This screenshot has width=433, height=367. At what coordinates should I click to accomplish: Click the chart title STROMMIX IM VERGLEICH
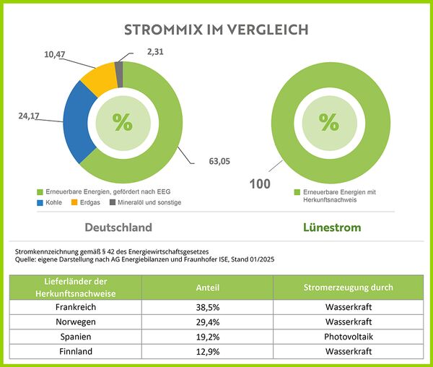[x=216, y=30]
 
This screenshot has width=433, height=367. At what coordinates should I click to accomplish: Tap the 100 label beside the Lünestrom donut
[x=259, y=183]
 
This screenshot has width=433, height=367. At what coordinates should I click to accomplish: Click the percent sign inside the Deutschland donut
[x=123, y=122]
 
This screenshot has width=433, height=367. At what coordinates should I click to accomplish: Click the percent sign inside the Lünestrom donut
[x=328, y=122]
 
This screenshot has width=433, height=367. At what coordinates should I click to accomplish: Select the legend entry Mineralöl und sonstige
[x=146, y=202]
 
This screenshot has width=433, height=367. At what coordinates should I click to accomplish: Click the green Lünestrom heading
[x=331, y=228]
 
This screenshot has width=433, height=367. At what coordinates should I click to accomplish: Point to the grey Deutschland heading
[x=118, y=228]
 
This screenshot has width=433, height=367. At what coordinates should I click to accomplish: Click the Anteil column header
[x=209, y=287]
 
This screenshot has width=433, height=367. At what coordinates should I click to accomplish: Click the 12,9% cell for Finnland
[x=209, y=351]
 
